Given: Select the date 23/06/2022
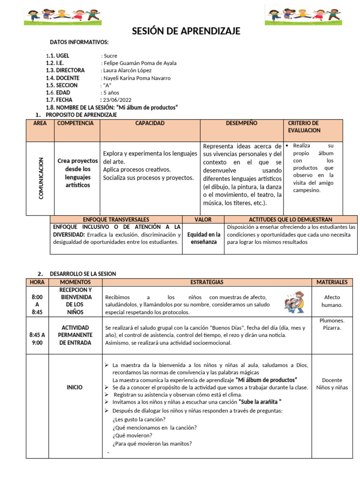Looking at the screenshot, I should pyautogui.click(x=118, y=100).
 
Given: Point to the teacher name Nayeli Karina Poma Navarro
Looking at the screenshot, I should pyautogui.click(x=136, y=78).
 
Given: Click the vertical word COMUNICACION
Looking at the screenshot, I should pyautogui.click(x=41, y=178).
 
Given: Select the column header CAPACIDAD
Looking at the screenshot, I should pyautogui.click(x=150, y=123).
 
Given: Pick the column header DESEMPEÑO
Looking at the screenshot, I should pyautogui.click(x=241, y=123).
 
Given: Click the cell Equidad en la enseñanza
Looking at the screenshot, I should pyautogui.click(x=203, y=238).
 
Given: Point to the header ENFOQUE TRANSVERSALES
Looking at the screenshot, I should pyautogui.click(x=116, y=219).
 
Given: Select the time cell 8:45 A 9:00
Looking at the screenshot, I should pyautogui.click(x=37, y=339).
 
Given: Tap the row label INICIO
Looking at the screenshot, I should pyautogui.click(x=75, y=388).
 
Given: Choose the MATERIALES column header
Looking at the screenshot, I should pyautogui.click(x=332, y=282).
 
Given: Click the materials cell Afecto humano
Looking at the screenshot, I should pyautogui.click(x=332, y=301).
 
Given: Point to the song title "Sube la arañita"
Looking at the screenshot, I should pyautogui.click(x=260, y=402).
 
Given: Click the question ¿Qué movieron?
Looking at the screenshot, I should pyautogui.click(x=133, y=435).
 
